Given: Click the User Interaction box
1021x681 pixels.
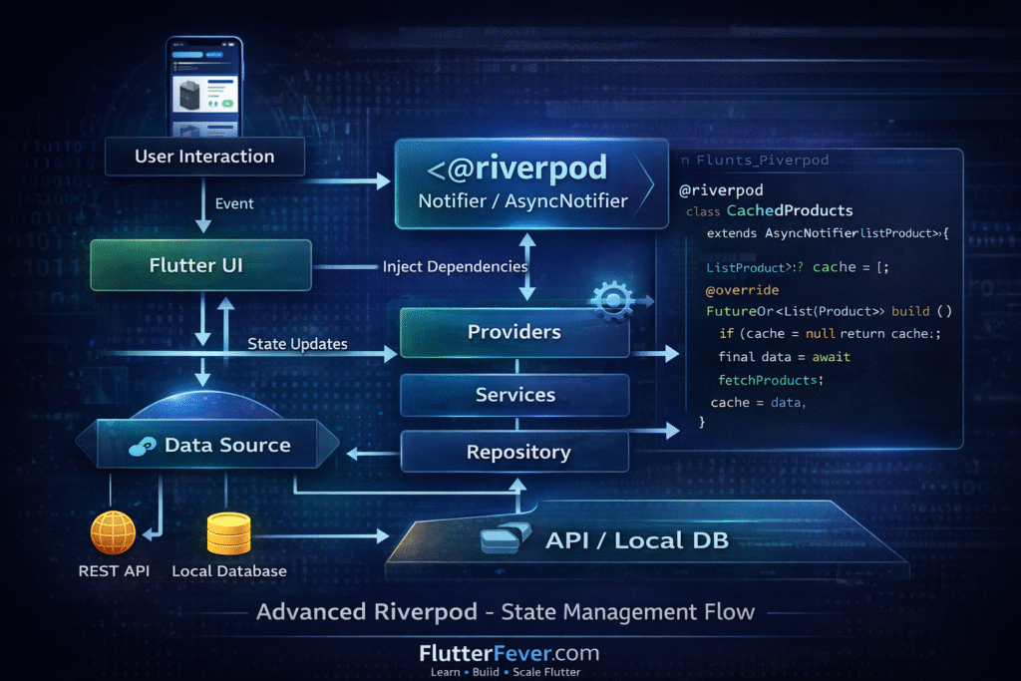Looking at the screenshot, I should pyautogui.click(x=204, y=157).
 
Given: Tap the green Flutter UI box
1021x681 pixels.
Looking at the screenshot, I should pyautogui.click(x=196, y=265).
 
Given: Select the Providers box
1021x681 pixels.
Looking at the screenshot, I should pyautogui.click(x=514, y=332).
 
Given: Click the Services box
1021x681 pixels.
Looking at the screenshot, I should pyautogui.click(x=514, y=395).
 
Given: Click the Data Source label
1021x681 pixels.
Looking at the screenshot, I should pyautogui.click(x=227, y=445).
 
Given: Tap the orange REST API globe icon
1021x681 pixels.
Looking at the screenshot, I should pyautogui.click(x=113, y=532).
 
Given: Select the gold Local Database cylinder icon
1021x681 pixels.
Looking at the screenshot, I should pyautogui.click(x=228, y=533).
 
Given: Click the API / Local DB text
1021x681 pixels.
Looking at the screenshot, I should pyautogui.click(x=636, y=540).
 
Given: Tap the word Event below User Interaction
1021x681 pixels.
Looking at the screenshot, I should pyautogui.click(x=234, y=203).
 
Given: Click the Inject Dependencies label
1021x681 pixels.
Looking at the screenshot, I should pyautogui.click(x=455, y=266).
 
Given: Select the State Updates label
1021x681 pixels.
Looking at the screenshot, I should pyautogui.click(x=297, y=344).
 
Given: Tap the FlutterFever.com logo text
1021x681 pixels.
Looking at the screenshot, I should pyautogui.click(x=509, y=653).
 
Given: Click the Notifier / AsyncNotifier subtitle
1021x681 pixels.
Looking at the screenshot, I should pyautogui.click(x=522, y=200).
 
